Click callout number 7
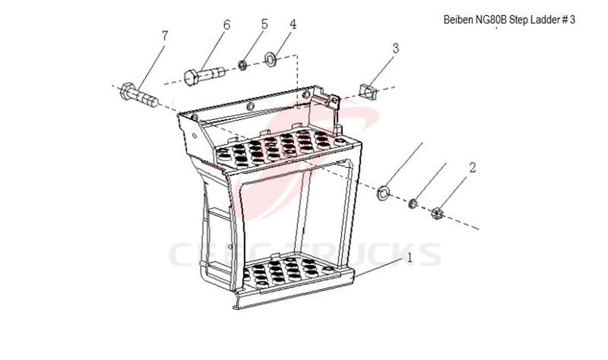click(164, 36)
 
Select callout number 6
click(226, 25)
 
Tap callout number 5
click(264, 24)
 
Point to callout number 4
click(293, 24)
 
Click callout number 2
click(472, 168)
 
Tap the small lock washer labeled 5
click(243, 64)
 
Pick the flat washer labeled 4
click(271, 59)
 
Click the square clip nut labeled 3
click(368, 92)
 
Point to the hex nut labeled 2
click(436, 212)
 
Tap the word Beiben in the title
click(458, 20)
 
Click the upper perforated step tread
click(279, 149)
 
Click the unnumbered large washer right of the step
click(384, 192)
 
